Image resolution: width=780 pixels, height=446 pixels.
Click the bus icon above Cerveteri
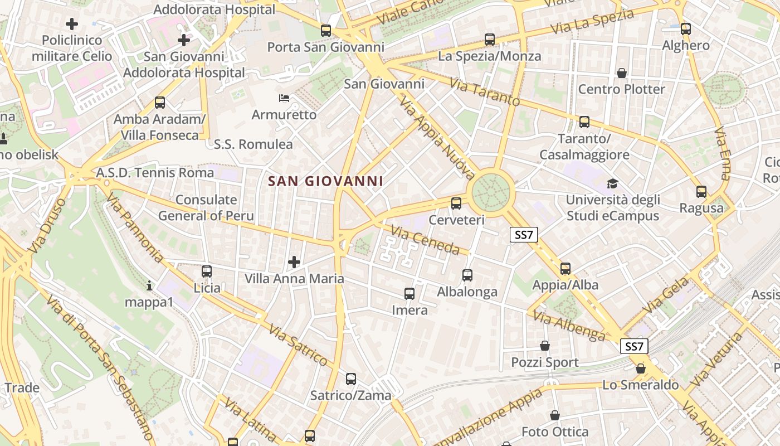pyautogui.click(x=456, y=203)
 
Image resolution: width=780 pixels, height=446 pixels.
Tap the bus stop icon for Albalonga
pyautogui.click(x=467, y=275)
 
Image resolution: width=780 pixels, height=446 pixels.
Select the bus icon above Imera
pyautogui.click(x=409, y=293)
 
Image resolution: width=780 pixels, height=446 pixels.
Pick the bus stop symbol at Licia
pyautogui.click(x=207, y=272)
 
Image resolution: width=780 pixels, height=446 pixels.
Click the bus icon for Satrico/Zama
pyautogui.click(x=351, y=379)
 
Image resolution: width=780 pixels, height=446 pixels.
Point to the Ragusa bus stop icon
pyautogui.click(x=701, y=192)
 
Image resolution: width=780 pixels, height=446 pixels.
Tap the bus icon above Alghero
pyautogui.click(x=686, y=29)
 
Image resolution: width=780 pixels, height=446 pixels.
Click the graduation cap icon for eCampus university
pyautogui.click(x=612, y=183)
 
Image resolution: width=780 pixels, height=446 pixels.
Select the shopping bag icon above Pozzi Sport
pyautogui.click(x=545, y=346)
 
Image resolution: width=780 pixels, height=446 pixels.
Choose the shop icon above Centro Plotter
pyautogui.click(x=622, y=73)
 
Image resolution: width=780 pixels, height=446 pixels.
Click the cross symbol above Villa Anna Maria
pyautogui.click(x=294, y=262)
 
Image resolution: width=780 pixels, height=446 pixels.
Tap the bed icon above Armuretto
pyautogui.click(x=284, y=99)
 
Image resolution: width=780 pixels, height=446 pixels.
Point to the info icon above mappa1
pyautogui.click(x=149, y=287)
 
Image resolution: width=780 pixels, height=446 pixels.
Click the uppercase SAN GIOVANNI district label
pyautogui.click(x=325, y=181)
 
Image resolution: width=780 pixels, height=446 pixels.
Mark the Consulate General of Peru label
pyautogui.click(x=206, y=208)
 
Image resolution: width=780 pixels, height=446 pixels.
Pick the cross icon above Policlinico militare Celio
pyautogui.click(x=72, y=24)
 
